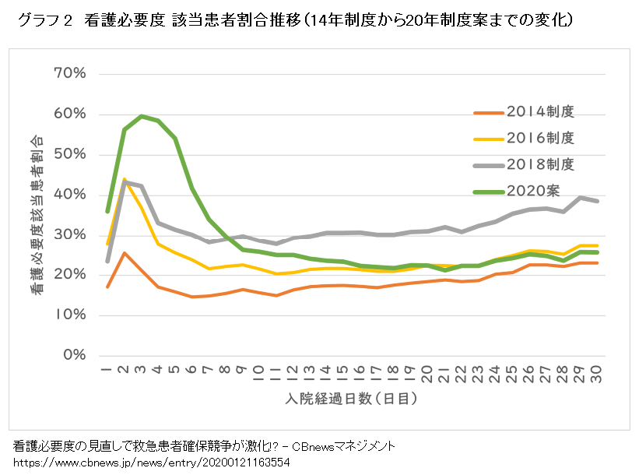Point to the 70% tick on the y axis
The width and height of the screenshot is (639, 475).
click(69, 73)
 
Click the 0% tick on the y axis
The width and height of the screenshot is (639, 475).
click(73, 355)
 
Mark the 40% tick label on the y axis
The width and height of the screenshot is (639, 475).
click(69, 194)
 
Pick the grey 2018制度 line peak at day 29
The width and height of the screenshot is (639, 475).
click(580, 197)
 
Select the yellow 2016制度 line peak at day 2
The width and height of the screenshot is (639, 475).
click(125, 180)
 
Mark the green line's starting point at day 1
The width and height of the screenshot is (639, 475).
click(107, 211)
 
